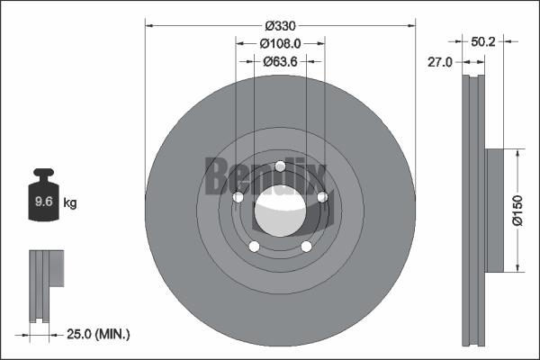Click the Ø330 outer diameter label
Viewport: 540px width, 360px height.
tap(280, 25)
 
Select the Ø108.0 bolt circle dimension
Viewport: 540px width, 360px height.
tap(280, 43)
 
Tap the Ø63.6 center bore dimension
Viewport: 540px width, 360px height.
tap(280, 61)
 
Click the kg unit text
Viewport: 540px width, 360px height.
tap(70, 203)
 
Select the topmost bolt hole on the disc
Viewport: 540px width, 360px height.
tap(280, 166)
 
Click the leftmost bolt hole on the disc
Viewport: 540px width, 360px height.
tap(238, 198)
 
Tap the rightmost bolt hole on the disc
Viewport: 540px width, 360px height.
tap(321, 197)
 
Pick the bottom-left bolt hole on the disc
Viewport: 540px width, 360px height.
tap(254, 247)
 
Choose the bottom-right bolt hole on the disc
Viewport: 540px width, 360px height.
tap(306, 247)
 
